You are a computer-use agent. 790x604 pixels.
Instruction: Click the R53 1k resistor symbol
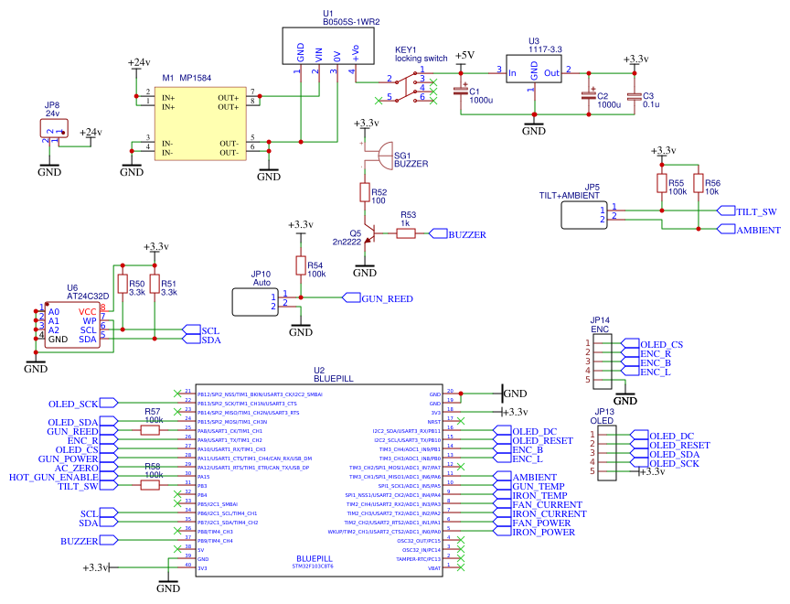click(405, 234)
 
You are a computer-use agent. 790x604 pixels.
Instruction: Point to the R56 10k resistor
click(698, 184)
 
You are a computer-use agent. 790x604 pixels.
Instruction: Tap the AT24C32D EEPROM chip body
click(73, 325)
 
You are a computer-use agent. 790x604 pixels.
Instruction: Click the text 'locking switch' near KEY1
click(422, 59)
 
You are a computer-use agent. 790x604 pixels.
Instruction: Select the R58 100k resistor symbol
click(153, 486)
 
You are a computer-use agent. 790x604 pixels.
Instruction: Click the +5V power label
click(464, 56)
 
